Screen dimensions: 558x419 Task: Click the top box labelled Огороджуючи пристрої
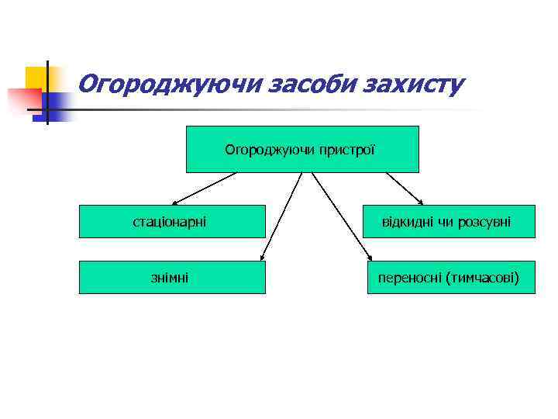302,149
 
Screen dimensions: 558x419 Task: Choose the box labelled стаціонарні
172,222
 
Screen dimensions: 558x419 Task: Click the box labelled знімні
172,277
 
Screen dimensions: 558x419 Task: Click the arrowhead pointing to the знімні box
263,257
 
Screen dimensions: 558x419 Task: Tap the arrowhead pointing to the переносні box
368,257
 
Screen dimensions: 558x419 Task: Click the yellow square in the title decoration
35,78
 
